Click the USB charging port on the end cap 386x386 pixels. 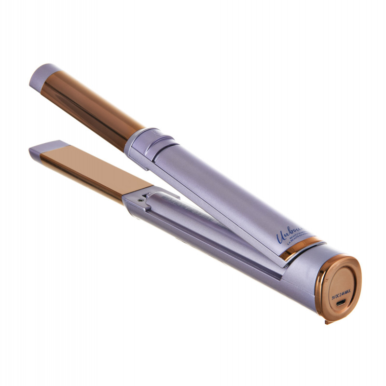pos(341,303)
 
